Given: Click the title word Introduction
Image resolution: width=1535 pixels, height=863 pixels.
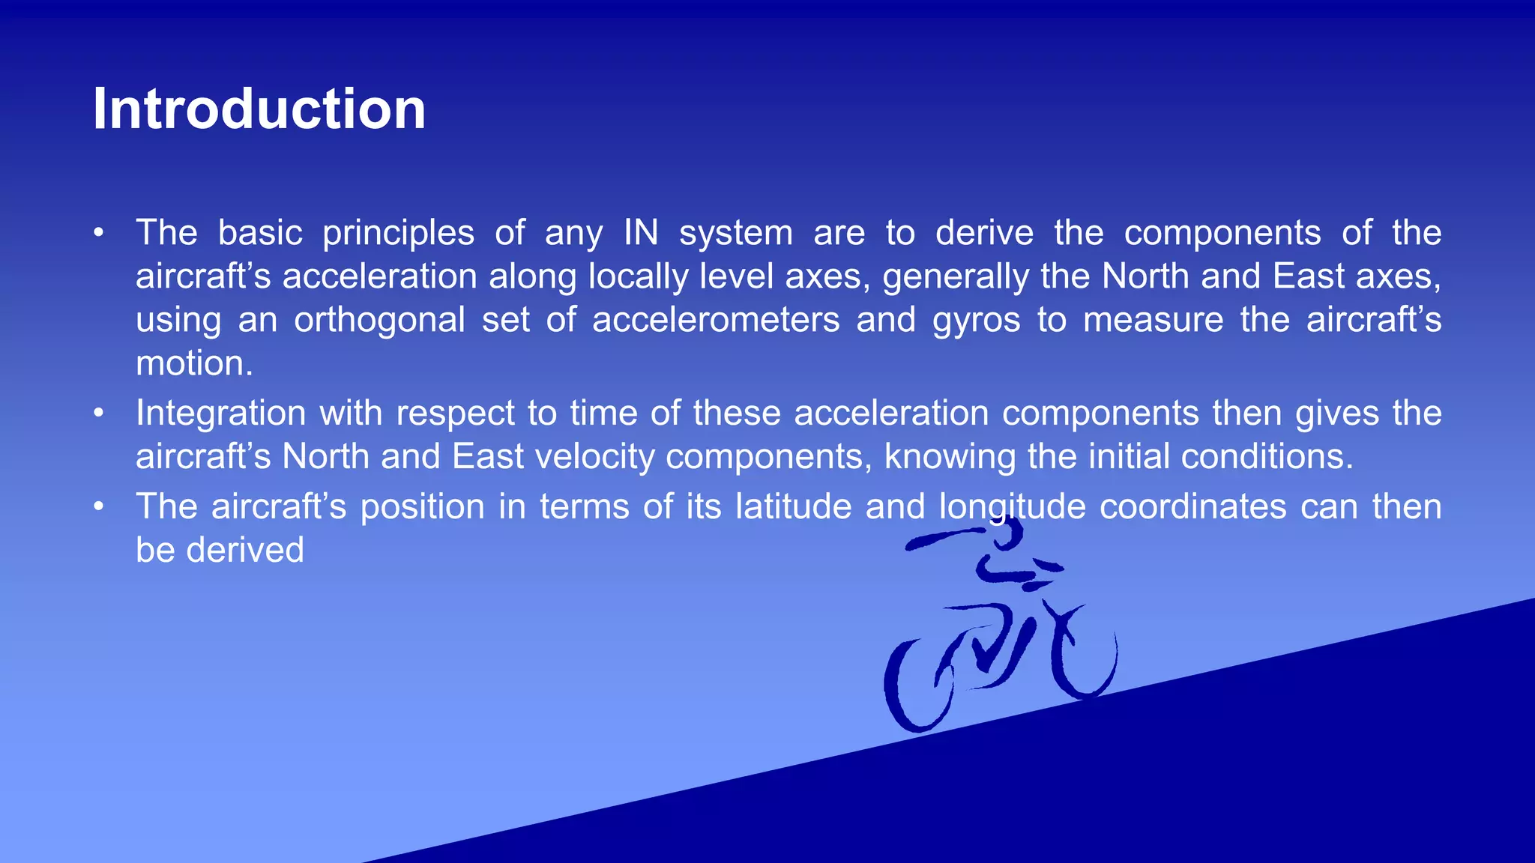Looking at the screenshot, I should tap(259, 109).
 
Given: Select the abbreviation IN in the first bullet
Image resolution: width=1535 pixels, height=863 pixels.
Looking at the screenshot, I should tap(641, 233).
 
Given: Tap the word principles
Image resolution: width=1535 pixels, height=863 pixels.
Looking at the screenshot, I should tap(398, 234).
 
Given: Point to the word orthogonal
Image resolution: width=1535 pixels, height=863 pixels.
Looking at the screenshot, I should tap(379, 321).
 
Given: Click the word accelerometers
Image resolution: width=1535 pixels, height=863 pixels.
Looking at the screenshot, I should tap(716, 320).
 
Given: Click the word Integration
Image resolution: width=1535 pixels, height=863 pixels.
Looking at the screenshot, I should tap(220, 414).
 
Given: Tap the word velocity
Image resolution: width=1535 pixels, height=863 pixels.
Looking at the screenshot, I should tap(595, 456).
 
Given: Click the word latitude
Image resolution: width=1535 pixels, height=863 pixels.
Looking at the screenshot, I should tap(793, 506).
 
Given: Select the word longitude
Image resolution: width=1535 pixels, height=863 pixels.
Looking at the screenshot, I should tap(1012, 507).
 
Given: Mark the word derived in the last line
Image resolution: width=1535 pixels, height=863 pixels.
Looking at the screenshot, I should tap(245, 550).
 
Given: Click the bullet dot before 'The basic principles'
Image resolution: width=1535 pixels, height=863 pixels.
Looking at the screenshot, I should tap(98, 233).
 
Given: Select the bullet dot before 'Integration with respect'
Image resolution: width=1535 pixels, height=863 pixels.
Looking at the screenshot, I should tap(98, 413).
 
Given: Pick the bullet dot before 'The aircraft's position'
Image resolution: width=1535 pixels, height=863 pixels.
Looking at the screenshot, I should tap(98, 506).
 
